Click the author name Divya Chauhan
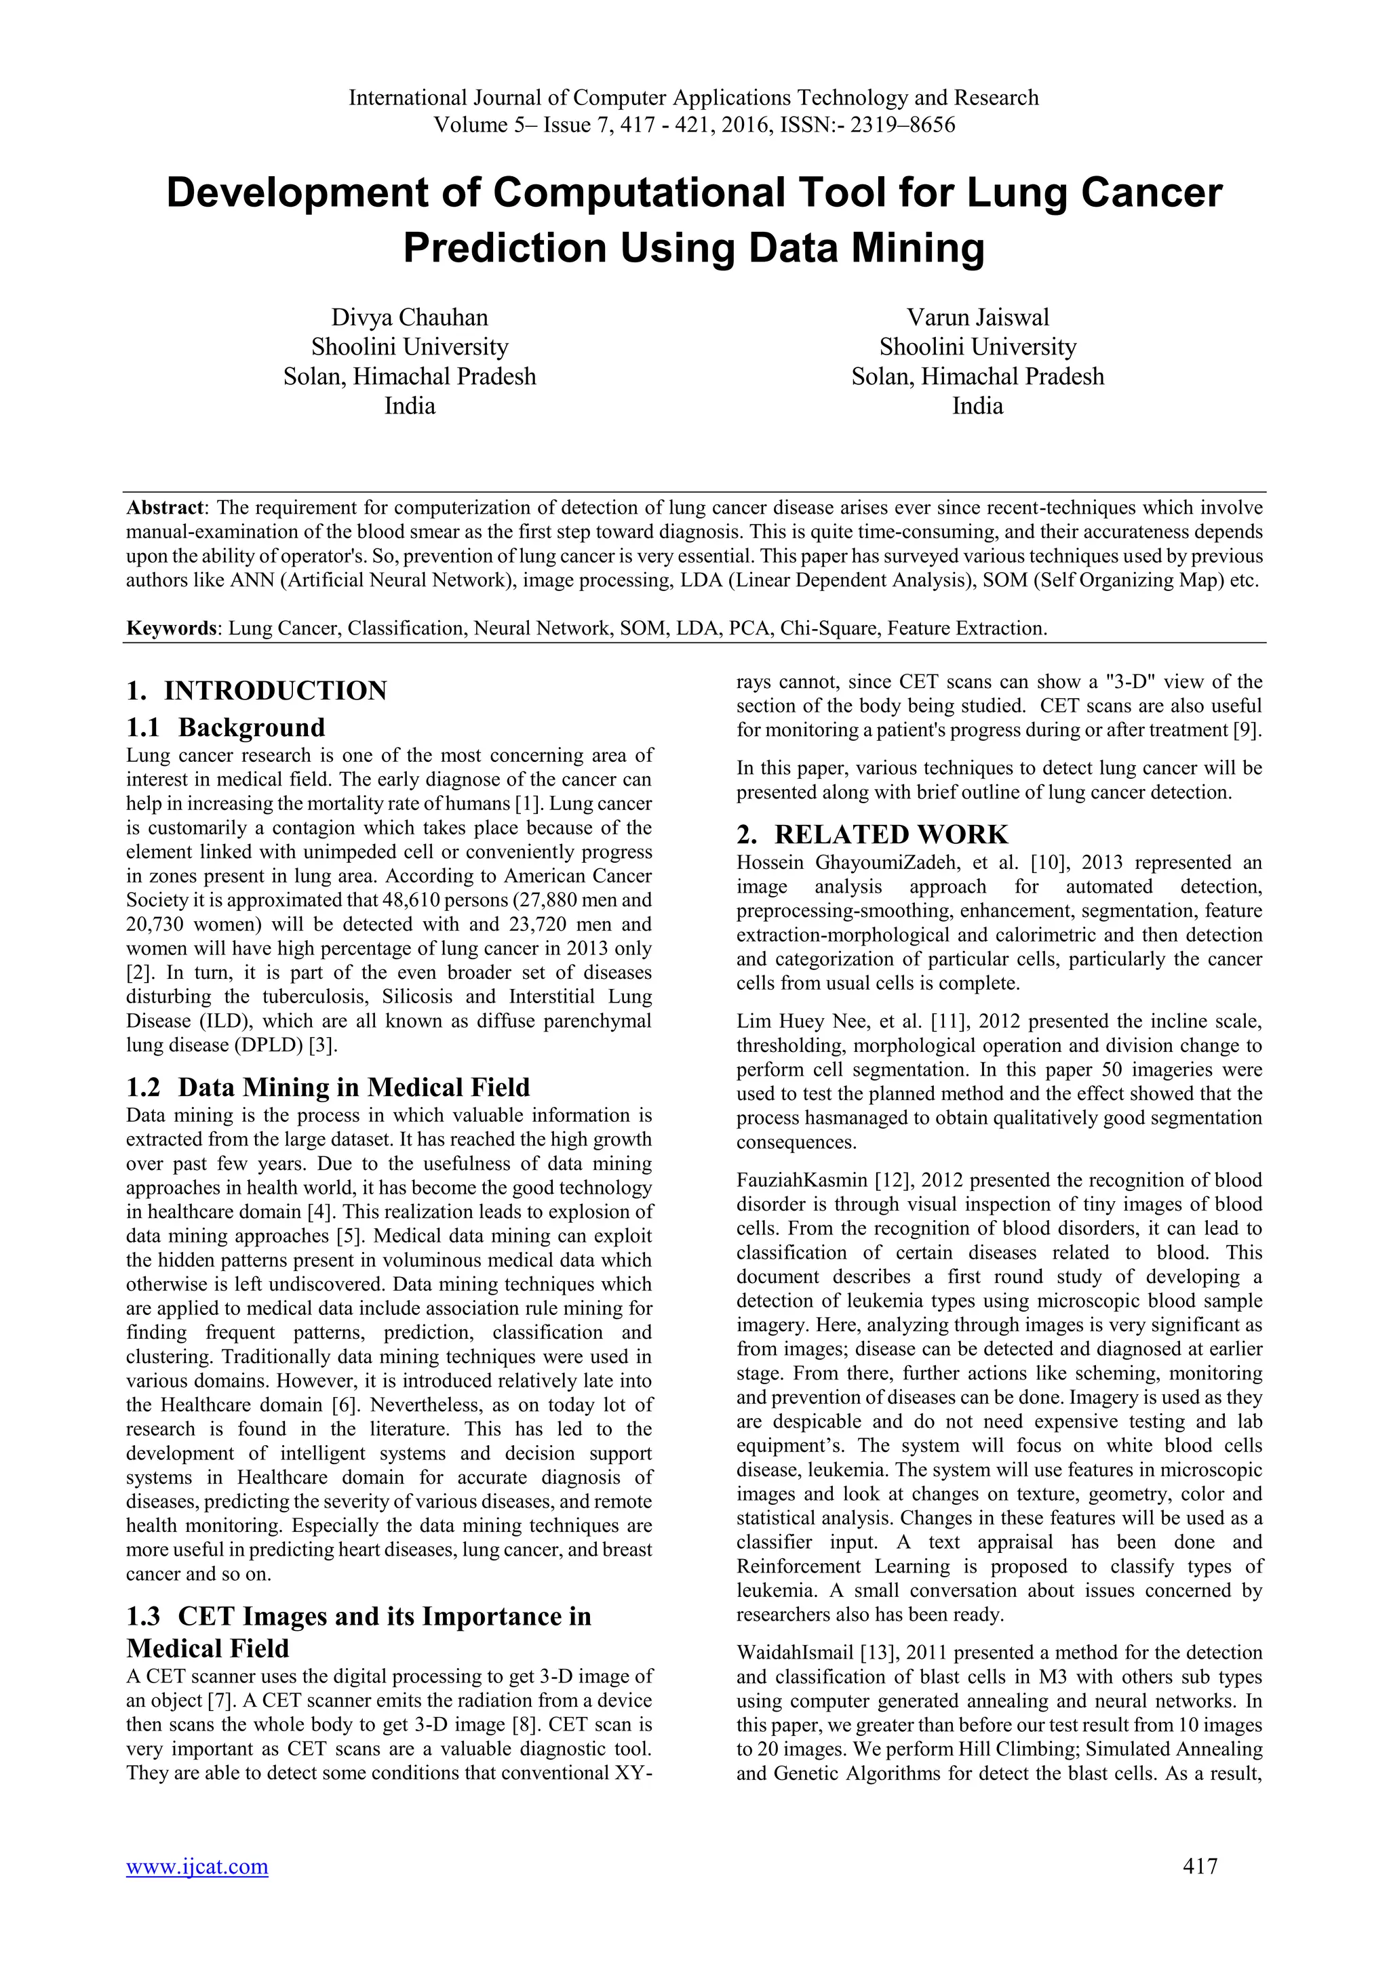click(x=410, y=318)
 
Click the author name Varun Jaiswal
click(x=977, y=318)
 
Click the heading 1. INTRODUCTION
click(x=256, y=690)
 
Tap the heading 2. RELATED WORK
click(x=872, y=834)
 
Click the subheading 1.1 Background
click(x=226, y=727)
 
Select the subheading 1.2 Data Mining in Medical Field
click(x=328, y=1087)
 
